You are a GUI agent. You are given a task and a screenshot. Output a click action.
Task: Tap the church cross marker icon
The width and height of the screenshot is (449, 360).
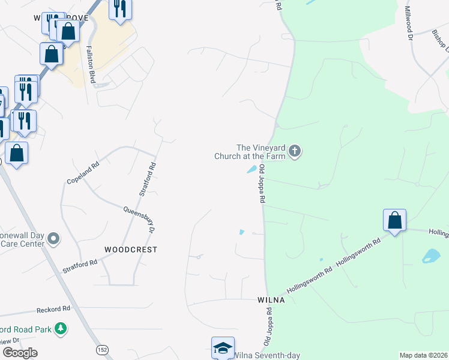294,151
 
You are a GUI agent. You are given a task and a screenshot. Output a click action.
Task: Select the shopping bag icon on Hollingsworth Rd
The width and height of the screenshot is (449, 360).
394,221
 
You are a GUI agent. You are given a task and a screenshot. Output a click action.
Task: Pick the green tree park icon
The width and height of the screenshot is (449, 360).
60,329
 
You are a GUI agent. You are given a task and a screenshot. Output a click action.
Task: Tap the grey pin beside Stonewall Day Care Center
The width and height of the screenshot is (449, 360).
54,239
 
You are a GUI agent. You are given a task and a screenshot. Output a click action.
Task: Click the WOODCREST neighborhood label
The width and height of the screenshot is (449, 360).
131,249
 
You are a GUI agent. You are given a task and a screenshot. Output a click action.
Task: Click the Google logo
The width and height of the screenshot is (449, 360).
20,353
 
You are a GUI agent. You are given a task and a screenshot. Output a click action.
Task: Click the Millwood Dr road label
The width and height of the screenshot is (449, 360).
409,23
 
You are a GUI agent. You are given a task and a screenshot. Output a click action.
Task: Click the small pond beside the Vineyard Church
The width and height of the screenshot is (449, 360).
253,169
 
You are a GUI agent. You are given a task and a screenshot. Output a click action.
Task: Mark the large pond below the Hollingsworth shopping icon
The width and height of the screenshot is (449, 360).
431,256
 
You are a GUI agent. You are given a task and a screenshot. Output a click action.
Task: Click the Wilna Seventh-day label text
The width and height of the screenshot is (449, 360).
267,355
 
